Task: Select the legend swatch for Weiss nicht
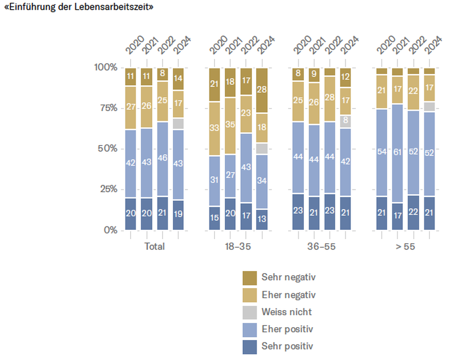249,312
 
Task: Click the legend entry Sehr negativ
288,277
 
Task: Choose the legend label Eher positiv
287,329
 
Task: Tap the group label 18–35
238,246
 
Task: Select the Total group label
154,246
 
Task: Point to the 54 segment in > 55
381,152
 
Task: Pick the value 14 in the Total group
178,79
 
